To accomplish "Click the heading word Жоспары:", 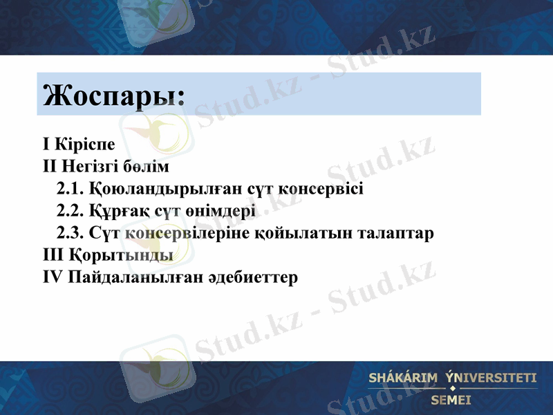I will tap(114, 95).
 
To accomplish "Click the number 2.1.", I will tap(70, 189).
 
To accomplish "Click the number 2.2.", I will tap(70, 211).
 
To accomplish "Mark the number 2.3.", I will tap(70, 233).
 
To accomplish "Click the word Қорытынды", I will tap(120, 255).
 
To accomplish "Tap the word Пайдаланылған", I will tap(133, 277).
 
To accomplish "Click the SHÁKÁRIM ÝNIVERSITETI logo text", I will tap(453, 378).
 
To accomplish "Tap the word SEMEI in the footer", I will tap(451, 400).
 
